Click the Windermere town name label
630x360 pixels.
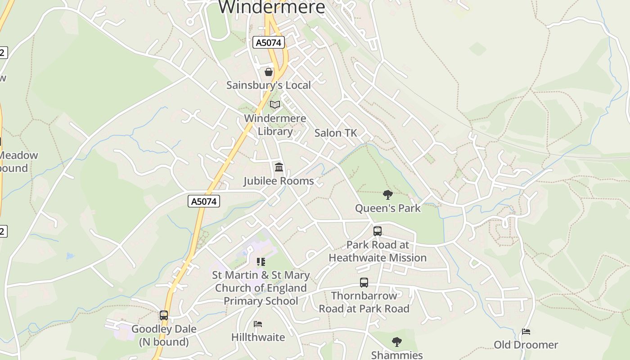[x=271, y=7]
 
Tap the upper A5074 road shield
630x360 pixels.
[x=269, y=43]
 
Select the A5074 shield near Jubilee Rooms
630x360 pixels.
[x=204, y=201]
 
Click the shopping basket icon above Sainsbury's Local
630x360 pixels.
[x=269, y=72]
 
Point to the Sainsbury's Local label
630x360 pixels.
[x=269, y=85]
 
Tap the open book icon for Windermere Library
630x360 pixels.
[x=274, y=105]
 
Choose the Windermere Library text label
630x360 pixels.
[x=275, y=125]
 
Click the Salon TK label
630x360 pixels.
[x=335, y=133]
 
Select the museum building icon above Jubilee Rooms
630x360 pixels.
[x=279, y=167]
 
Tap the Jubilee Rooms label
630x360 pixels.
[x=279, y=181]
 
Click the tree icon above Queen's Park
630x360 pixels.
[x=387, y=195]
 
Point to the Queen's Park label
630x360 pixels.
[x=387, y=208]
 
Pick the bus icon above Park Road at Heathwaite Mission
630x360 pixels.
[x=378, y=231]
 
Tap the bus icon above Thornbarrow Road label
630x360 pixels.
[x=364, y=283]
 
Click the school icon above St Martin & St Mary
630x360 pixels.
[x=261, y=262]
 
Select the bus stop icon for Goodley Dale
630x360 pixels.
[x=164, y=315]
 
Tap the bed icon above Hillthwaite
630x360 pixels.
[x=258, y=324]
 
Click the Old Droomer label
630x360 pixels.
[x=526, y=345]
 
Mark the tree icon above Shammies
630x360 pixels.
[x=396, y=342]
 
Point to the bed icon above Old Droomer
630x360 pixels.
[x=526, y=332]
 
